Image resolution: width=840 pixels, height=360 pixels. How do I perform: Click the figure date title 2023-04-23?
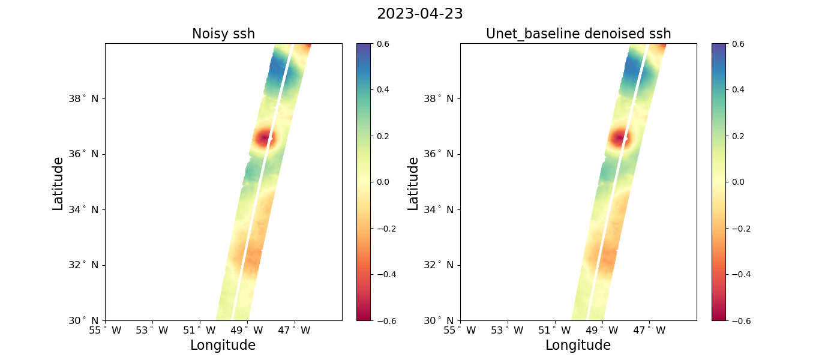pyautogui.click(x=419, y=14)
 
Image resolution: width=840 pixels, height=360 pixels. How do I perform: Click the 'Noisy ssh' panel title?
pyautogui.click(x=223, y=34)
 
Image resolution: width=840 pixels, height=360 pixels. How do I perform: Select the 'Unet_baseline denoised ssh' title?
pyautogui.click(x=578, y=34)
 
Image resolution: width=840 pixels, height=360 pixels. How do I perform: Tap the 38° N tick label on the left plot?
pyautogui.click(x=83, y=98)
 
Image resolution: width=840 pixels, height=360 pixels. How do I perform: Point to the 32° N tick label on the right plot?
pyautogui.click(x=439, y=265)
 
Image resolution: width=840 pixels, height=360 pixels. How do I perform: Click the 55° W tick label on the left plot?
pyautogui.click(x=105, y=331)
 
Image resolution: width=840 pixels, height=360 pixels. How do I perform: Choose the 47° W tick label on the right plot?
pyautogui.click(x=649, y=331)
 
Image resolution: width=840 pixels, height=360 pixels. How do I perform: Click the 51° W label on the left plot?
pyautogui.click(x=199, y=331)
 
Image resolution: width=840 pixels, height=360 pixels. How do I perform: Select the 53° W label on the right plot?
pyautogui.click(x=508, y=331)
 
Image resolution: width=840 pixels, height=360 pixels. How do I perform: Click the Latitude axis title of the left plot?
pyautogui.click(x=58, y=184)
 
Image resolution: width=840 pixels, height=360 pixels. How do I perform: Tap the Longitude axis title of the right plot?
pyautogui.click(x=578, y=346)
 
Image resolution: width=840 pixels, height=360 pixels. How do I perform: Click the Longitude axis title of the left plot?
pyautogui.click(x=223, y=346)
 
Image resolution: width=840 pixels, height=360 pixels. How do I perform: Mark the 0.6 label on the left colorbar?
pyautogui.click(x=383, y=44)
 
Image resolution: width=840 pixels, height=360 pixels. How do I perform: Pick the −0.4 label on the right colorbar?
pyautogui.click(x=741, y=275)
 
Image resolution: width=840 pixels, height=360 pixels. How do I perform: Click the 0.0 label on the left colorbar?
pyautogui.click(x=383, y=182)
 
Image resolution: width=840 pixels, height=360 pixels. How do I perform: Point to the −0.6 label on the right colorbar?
pyautogui.click(x=741, y=321)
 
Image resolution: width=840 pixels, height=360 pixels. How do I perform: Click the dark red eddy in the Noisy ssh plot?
pyautogui.click(x=264, y=139)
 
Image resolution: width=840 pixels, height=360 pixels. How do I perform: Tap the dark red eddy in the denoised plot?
pyautogui.click(x=619, y=139)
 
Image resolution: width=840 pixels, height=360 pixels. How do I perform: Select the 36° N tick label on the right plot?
pyautogui.click(x=439, y=154)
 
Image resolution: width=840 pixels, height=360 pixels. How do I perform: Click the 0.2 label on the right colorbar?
pyautogui.click(x=738, y=136)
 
